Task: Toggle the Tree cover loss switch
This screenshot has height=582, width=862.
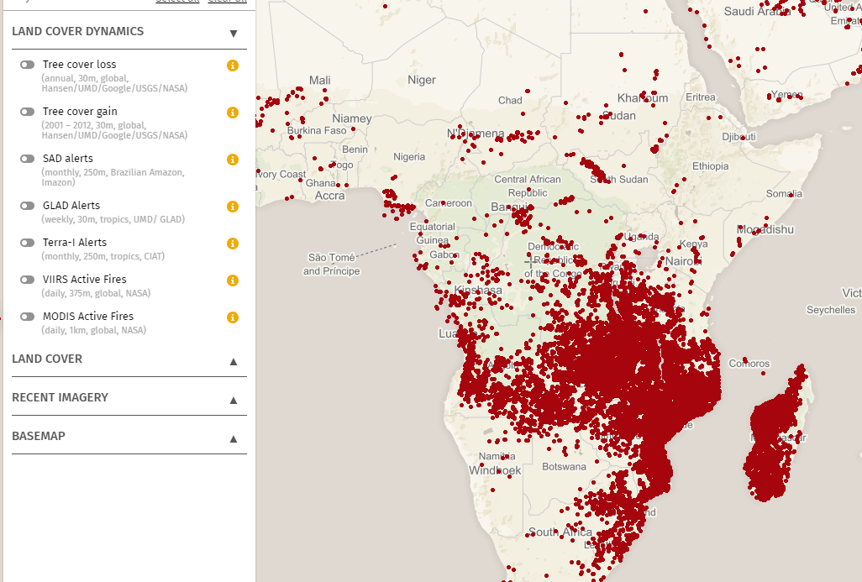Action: tap(28, 65)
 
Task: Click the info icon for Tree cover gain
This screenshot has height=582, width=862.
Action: tap(233, 113)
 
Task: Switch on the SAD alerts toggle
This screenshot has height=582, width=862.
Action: tap(28, 159)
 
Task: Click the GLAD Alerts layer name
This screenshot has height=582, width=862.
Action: tap(71, 206)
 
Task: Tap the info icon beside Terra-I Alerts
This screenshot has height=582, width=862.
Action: tap(233, 244)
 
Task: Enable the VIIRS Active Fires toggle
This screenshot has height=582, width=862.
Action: tap(28, 280)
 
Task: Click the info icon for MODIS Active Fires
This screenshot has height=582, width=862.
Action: tap(233, 317)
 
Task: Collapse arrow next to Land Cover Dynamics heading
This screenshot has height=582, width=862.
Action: tap(234, 34)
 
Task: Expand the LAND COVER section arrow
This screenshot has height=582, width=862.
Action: tap(234, 361)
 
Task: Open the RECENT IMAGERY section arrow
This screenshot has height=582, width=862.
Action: tap(234, 400)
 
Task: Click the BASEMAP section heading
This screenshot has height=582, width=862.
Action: tap(39, 437)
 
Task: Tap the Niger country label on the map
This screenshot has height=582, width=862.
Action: tap(422, 80)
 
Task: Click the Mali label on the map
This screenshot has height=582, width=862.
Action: tap(319, 80)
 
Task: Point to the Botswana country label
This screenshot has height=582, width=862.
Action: tap(564, 466)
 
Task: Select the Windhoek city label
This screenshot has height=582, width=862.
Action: tap(496, 470)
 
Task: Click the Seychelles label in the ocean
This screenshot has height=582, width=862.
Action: tap(830, 310)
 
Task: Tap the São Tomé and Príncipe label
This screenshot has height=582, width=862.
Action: tap(331, 265)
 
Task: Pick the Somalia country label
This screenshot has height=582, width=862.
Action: tap(784, 194)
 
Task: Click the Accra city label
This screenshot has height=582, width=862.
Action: tap(329, 196)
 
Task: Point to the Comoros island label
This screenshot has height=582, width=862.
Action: tap(749, 364)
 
